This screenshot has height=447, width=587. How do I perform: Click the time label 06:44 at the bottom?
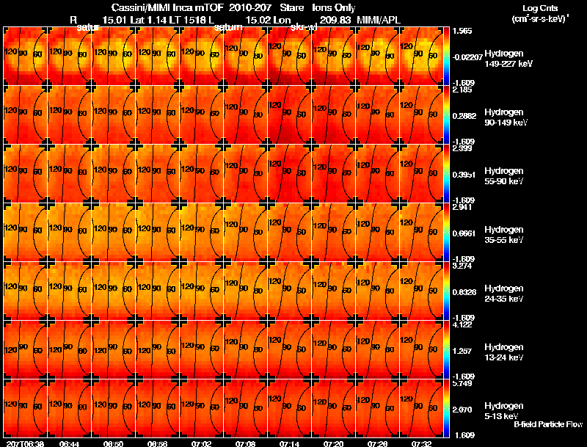pyautogui.click(x=70, y=443)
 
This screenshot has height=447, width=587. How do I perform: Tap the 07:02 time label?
pyautogui.click(x=202, y=443)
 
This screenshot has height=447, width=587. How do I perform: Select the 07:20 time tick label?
pyautogui.click(x=334, y=443)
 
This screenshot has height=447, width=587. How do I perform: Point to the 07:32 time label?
pyautogui.click(x=422, y=443)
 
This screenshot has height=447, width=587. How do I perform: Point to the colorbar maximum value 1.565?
pyautogui.click(x=462, y=32)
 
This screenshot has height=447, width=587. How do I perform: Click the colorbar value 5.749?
pyautogui.click(x=462, y=384)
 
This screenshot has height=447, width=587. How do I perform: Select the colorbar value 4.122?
pyautogui.click(x=462, y=324)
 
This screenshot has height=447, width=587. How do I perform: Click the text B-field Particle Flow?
pyautogui.click(x=548, y=424)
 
